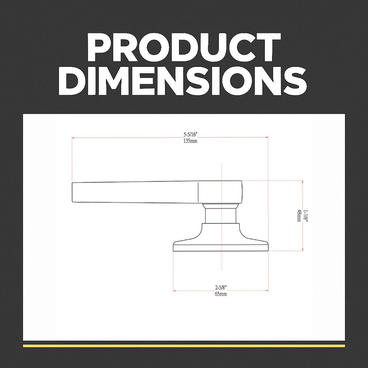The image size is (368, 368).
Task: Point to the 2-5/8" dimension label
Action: [x=221, y=287]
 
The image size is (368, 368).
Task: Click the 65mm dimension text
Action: [x=221, y=294]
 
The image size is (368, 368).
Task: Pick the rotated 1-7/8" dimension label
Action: [x=305, y=216]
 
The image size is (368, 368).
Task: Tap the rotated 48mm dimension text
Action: [x=299, y=216]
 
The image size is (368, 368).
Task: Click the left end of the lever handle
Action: [x=74, y=193]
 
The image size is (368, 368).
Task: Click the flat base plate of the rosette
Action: [x=221, y=248]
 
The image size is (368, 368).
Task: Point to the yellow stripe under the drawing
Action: [x=184, y=346]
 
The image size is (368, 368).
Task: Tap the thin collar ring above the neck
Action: [x=221, y=206]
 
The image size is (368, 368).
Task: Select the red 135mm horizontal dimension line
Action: [x=144, y=137]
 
